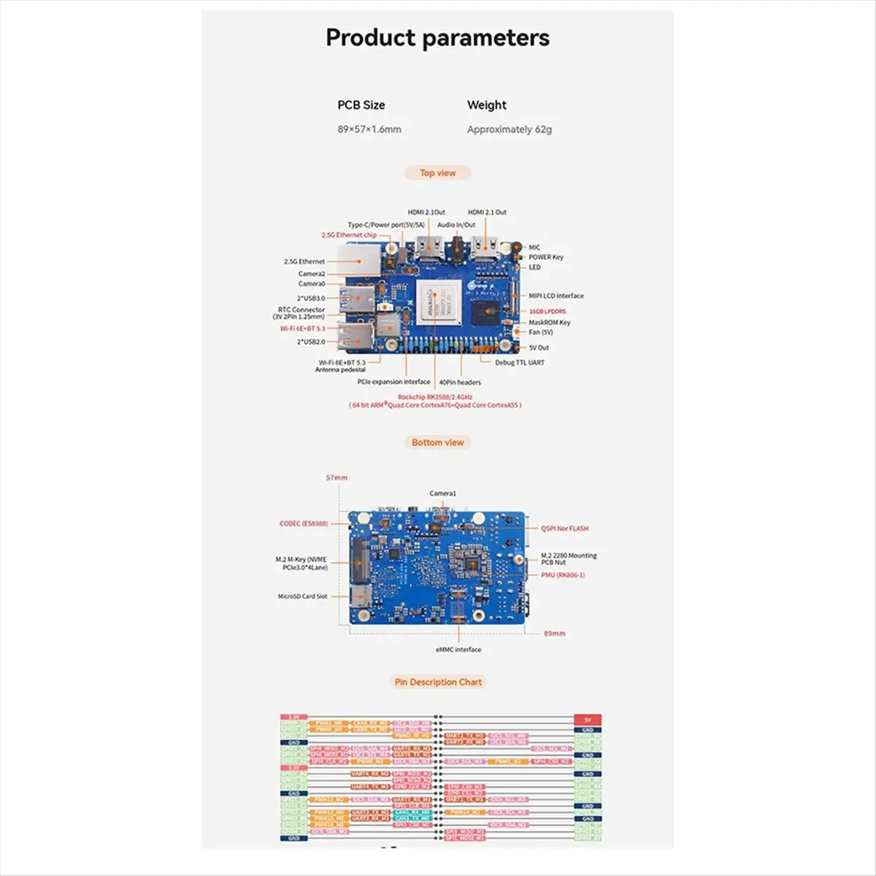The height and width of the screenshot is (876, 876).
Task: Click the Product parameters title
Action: pos(437,38)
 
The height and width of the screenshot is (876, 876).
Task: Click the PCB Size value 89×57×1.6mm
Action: pos(369,129)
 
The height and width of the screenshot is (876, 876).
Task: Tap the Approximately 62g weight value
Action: pos(509,129)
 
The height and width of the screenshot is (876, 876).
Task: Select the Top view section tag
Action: pos(437,173)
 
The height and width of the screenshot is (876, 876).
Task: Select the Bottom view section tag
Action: pos(437,442)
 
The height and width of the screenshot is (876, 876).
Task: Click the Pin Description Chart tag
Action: pos(438,682)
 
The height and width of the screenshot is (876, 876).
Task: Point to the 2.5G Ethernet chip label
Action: pos(349,235)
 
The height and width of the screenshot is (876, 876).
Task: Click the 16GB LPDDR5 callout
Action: pos(547,311)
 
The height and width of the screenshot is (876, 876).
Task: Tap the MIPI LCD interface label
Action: pos(556,296)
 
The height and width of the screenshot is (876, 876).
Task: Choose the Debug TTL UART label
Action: pos(519,362)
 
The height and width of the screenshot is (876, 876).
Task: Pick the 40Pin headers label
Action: pos(459,382)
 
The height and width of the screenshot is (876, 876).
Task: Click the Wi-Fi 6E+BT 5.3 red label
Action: pos(302,328)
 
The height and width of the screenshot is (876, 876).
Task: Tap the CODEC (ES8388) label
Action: pos(303,523)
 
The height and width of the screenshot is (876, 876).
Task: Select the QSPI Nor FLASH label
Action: pos(564,528)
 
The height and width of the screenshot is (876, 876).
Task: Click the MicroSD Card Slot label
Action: pos(302,596)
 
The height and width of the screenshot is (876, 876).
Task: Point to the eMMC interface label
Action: pos(458,649)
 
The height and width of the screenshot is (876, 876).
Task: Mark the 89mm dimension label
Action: pos(554,633)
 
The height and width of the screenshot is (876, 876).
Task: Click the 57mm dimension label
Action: pos(337,477)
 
